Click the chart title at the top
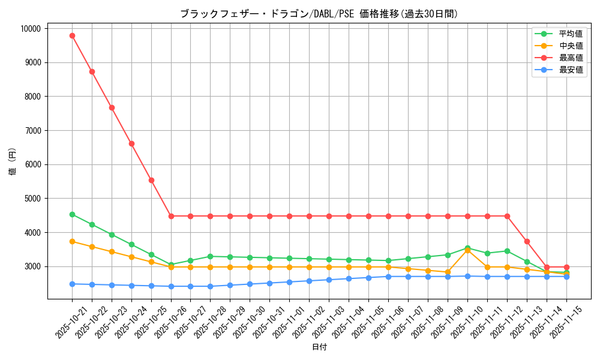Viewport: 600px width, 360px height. [x=319, y=14]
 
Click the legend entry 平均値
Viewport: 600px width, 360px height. [x=571, y=34]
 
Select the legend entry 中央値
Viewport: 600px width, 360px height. [x=571, y=46]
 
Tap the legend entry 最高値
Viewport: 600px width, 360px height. [x=571, y=58]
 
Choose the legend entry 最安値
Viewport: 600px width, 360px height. [x=571, y=70]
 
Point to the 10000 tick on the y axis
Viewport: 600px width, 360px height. [x=30, y=28]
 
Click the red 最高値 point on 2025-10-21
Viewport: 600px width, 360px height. [x=72, y=35]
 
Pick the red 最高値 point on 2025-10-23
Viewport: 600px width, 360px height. [x=112, y=107]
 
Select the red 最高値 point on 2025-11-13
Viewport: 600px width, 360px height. [x=527, y=241]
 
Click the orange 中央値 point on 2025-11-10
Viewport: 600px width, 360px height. [x=467, y=250]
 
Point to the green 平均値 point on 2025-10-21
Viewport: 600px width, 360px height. [x=72, y=214]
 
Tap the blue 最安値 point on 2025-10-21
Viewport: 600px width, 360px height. [x=72, y=284]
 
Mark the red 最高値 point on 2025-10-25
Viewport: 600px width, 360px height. [x=151, y=180]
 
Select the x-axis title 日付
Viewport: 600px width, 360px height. [x=319, y=347]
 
